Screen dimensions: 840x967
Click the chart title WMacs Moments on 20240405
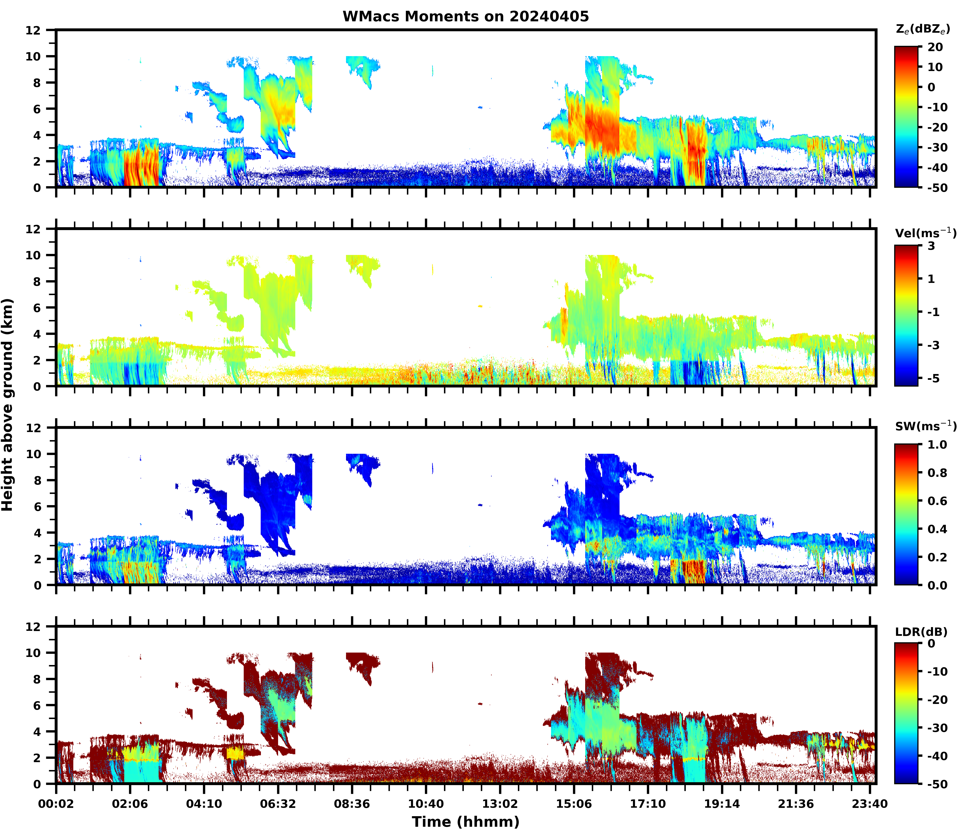tap(465, 16)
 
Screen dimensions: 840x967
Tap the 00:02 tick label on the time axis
tap(56, 804)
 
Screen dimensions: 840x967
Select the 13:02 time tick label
tap(500, 804)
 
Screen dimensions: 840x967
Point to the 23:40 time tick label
tap(869, 804)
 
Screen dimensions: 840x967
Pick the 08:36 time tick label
tap(352, 804)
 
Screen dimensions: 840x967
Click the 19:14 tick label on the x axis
tap(722, 804)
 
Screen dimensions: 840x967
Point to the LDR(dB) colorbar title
tap(921, 632)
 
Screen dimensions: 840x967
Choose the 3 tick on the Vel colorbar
tap(931, 246)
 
